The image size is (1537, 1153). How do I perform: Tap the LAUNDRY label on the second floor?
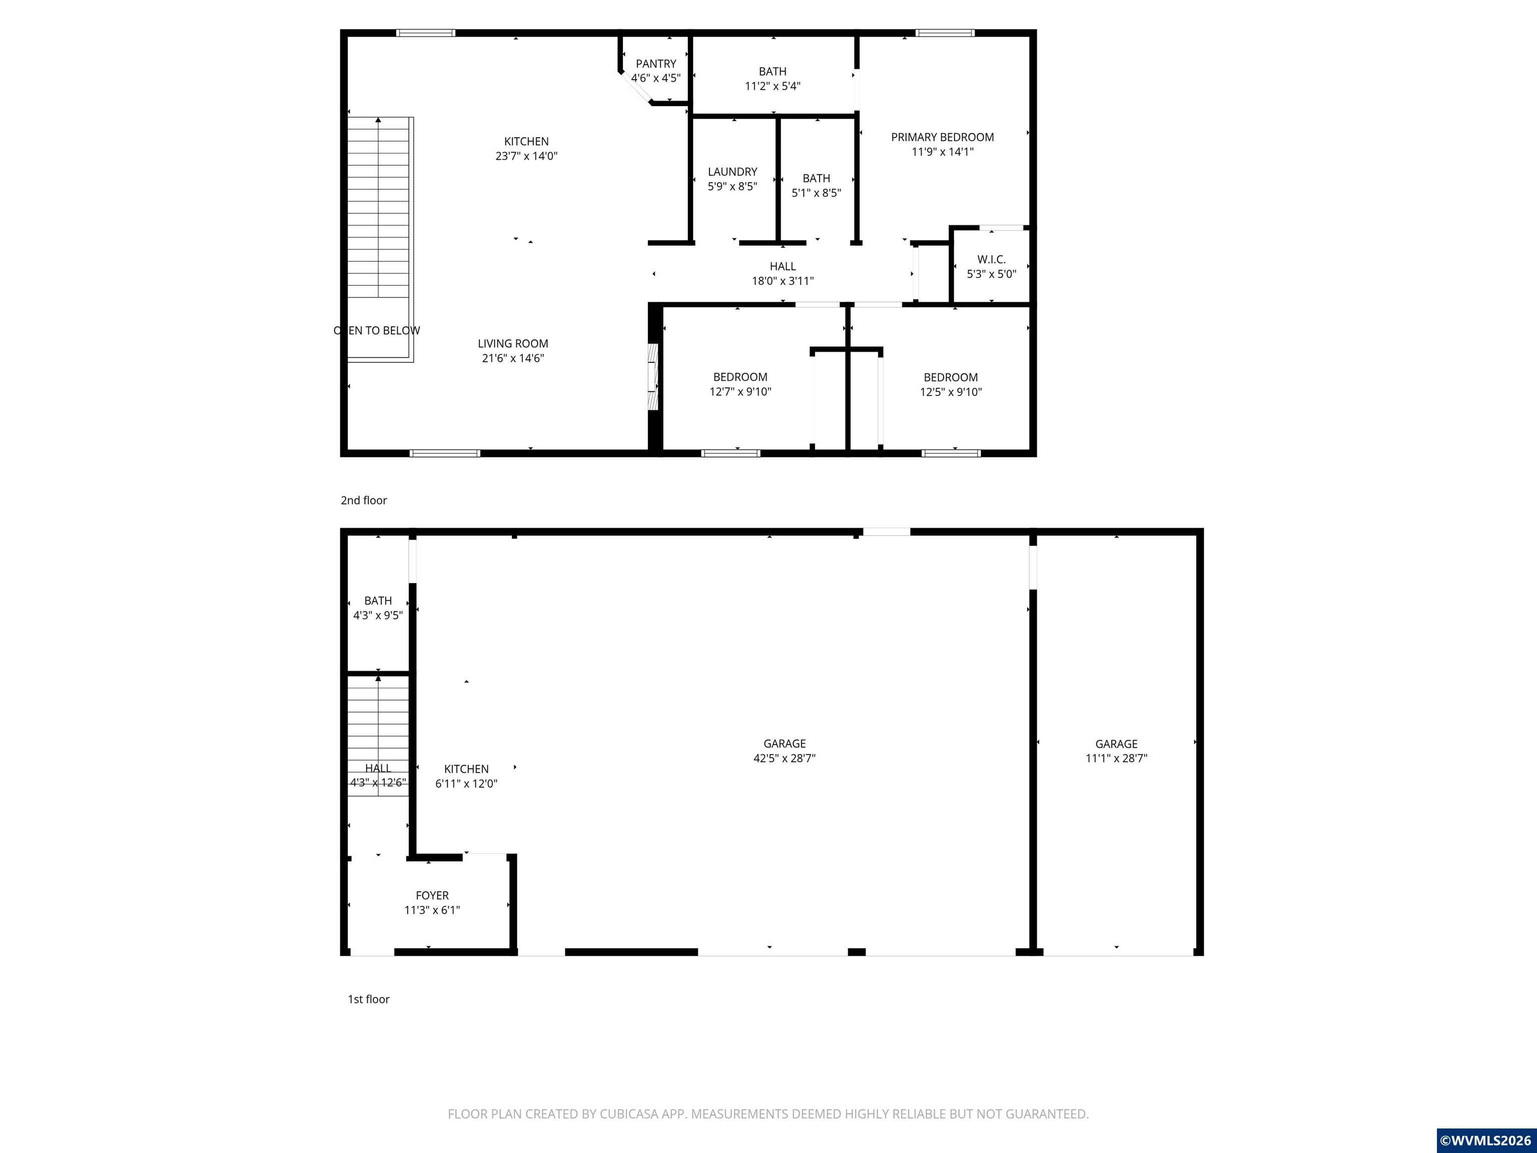(x=732, y=172)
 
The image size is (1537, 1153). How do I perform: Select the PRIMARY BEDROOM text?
(x=942, y=137)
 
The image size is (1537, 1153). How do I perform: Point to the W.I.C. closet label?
(x=992, y=259)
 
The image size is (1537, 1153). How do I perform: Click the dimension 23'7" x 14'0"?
(x=526, y=156)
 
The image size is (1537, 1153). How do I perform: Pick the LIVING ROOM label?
(x=513, y=343)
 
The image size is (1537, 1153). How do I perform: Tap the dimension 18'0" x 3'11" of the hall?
(x=783, y=281)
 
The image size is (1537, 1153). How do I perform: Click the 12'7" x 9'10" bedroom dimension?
(x=740, y=392)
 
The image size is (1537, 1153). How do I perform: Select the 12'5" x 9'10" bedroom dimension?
(x=951, y=392)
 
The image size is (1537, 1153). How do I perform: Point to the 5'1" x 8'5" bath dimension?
(x=817, y=193)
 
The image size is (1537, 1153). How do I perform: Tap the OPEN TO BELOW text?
(x=377, y=331)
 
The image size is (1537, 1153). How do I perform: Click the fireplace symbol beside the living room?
(x=652, y=377)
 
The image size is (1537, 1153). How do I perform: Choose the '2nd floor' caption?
(x=363, y=500)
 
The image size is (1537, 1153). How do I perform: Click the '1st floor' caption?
(x=368, y=999)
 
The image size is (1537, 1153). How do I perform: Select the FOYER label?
(x=432, y=896)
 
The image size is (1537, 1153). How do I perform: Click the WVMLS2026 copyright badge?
(x=1486, y=1140)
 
